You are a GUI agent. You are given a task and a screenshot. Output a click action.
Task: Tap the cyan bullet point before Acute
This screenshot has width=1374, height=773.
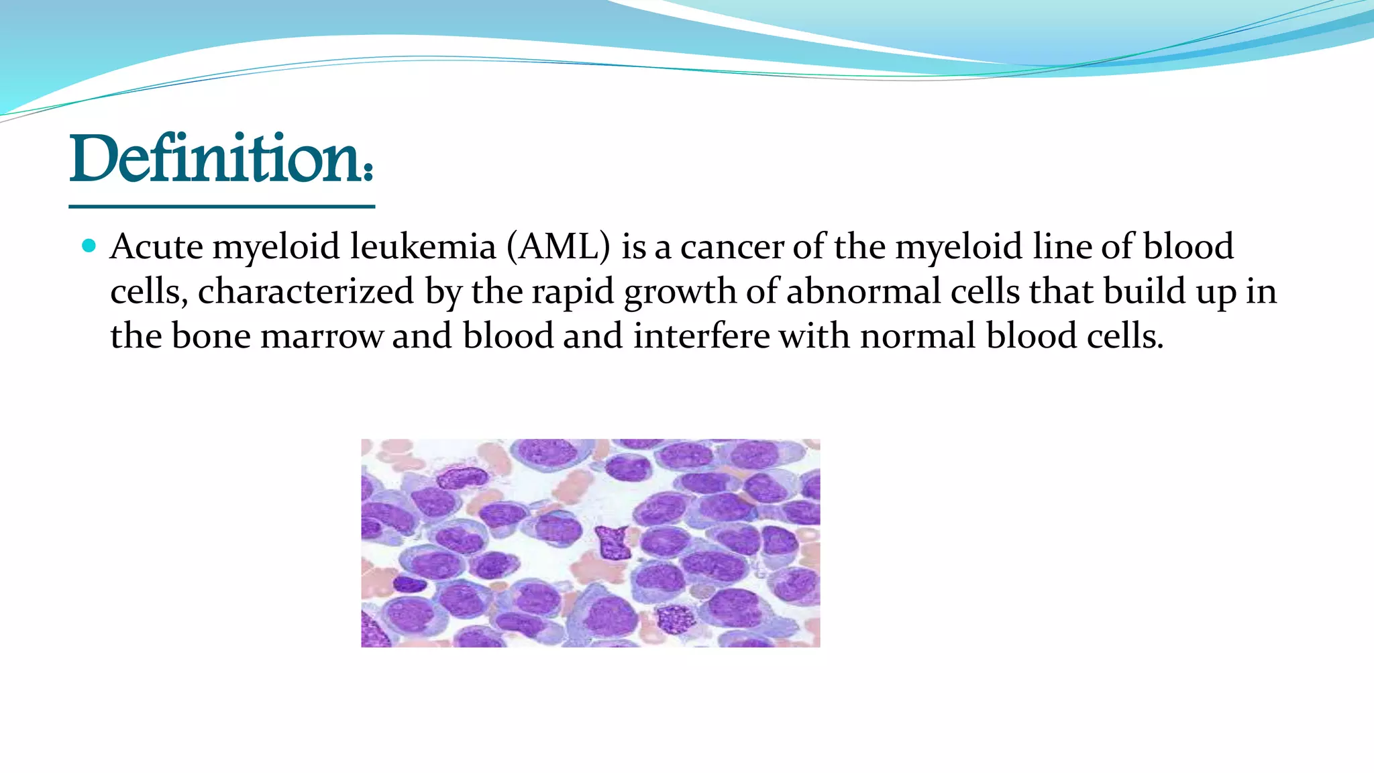point(89,246)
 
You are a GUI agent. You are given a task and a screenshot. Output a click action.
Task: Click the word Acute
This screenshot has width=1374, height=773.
point(156,247)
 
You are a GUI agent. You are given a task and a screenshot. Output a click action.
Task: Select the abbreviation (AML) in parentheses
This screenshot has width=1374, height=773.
point(558,247)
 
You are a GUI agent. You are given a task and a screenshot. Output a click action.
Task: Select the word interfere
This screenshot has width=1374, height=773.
point(701,336)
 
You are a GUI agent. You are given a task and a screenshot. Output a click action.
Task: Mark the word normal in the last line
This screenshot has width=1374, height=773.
point(918,336)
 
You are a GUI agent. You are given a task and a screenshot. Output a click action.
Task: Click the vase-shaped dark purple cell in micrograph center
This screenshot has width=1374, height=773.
point(612,542)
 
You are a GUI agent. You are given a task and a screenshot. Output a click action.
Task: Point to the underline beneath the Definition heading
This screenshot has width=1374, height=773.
point(221,207)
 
